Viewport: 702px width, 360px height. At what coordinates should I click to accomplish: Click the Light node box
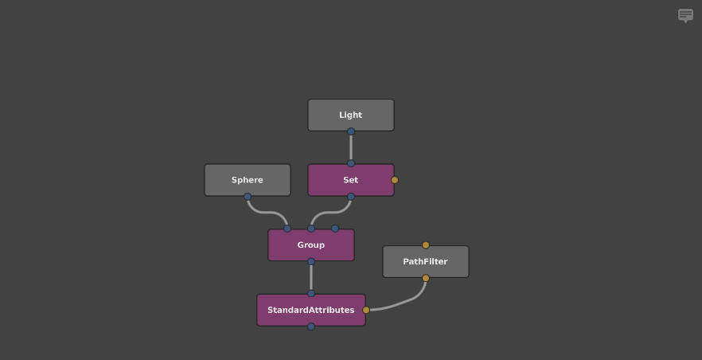point(351,115)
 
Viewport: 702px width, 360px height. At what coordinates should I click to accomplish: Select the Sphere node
point(248,180)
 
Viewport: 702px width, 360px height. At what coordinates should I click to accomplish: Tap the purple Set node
point(351,180)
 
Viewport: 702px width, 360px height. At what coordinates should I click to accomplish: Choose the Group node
point(311,245)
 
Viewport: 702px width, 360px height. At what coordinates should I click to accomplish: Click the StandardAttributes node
point(311,310)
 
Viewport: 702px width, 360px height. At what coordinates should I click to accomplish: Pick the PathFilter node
point(426,261)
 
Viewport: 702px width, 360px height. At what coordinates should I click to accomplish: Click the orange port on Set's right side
point(395,180)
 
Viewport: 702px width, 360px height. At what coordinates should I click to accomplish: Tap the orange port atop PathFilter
point(426,245)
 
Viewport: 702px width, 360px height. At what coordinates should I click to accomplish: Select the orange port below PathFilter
point(426,278)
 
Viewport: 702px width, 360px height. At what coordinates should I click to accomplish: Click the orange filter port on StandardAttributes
point(366,310)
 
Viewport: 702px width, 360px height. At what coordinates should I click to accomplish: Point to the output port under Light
point(351,131)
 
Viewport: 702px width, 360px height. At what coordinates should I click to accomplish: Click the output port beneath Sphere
point(248,197)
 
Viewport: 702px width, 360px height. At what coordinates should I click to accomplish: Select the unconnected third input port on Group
point(335,229)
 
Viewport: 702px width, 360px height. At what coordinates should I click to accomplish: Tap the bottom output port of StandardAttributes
point(311,327)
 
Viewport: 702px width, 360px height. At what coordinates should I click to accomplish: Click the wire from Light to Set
point(351,147)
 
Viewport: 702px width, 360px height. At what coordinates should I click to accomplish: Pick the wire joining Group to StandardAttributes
point(311,277)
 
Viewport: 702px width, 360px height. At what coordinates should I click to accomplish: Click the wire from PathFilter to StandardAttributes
point(403,303)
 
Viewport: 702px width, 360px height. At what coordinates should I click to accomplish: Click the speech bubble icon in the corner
point(685,15)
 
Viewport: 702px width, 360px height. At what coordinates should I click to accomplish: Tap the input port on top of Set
point(351,163)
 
